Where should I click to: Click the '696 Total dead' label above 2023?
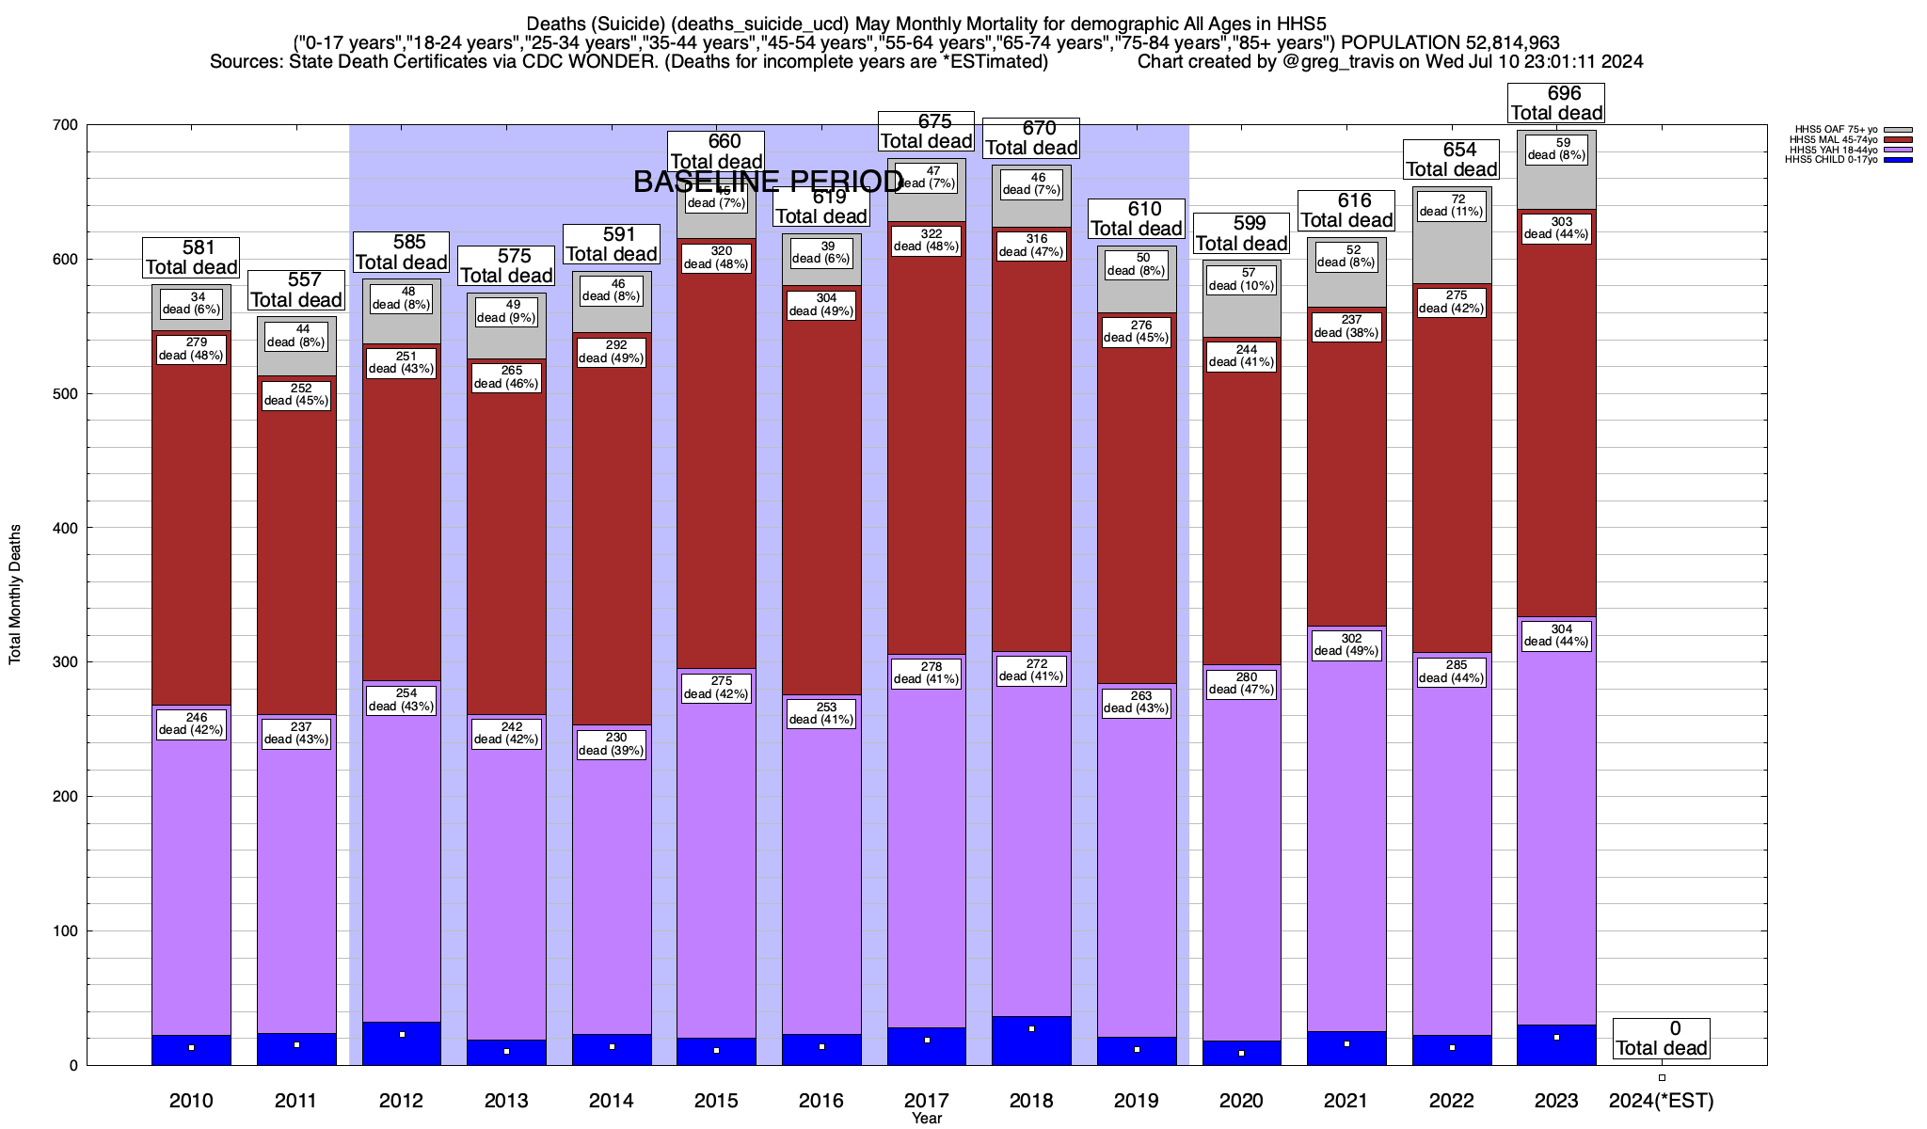pos(1556,103)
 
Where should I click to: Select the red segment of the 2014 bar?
pos(612,527)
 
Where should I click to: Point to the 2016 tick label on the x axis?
pos(821,1101)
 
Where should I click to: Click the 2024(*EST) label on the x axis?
pos(1662,1101)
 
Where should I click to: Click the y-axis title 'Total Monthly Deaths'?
pos(15,595)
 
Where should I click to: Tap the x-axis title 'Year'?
pos(927,1119)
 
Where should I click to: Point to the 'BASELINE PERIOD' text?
pos(769,182)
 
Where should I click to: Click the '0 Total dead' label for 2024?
pos(1662,1039)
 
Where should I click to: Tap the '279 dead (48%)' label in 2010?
pos(191,349)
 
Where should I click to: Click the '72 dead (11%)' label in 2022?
pos(1452,206)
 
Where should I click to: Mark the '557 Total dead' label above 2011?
pos(296,290)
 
